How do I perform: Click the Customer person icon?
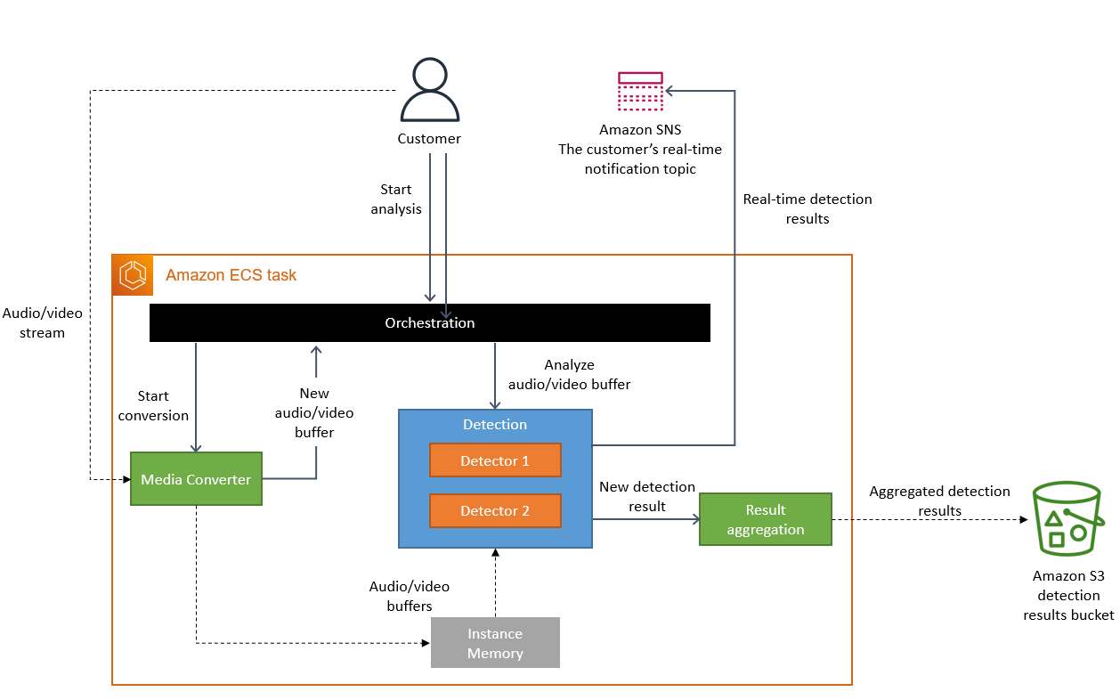pos(430,91)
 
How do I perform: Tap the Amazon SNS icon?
pos(640,91)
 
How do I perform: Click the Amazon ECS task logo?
pos(133,275)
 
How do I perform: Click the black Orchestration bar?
pos(429,322)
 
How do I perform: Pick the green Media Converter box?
pos(196,479)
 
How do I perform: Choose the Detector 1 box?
pos(495,460)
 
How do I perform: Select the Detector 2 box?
pos(495,510)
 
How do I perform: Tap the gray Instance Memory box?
pos(495,643)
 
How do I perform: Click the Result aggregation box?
pos(765,519)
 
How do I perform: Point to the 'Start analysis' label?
pos(396,199)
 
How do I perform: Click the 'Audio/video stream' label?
pos(42,322)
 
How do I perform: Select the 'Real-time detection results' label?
pos(808,208)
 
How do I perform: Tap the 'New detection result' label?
pos(646,496)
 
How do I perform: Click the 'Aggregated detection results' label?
pos(939,501)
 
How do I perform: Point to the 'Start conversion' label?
pos(153,405)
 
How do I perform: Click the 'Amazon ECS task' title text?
pos(231,275)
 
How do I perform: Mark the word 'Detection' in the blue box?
pos(495,425)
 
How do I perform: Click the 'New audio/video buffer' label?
pos(314,412)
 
